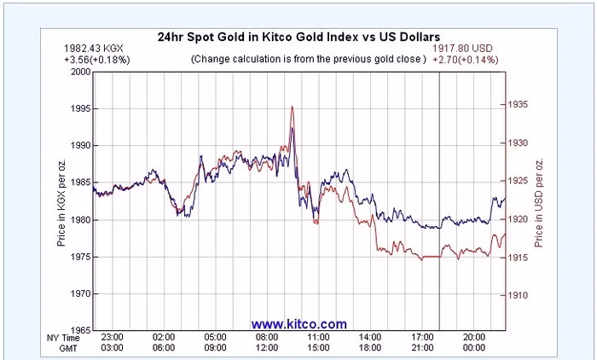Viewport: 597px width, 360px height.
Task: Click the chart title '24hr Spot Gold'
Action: pyautogui.click(x=298, y=38)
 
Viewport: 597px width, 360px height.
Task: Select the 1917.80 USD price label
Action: pyautogui.click(x=466, y=49)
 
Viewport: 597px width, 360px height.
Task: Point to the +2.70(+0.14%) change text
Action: pyautogui.click(x=466, y=60)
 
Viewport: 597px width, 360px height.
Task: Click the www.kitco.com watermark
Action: pyautogui.click(x=298, y=324)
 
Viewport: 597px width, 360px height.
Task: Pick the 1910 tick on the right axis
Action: pyautogui.click(x=519, y=295)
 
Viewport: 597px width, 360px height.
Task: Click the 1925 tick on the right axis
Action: pyautogui.click(x=519, y=181)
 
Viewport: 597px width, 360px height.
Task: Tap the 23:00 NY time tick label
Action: pyautogui.click(x=112, y=338)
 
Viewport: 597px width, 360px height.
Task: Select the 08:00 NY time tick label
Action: pyautogui.click(x=268, y=338)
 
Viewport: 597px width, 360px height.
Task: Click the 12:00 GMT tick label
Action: pyautogui.click(x=268, y=348)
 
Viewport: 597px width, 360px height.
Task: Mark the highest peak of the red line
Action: pyautogui.click(x=293, y=107)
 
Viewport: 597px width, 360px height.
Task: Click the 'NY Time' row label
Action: pyautogui.click(x=64, y=338)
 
